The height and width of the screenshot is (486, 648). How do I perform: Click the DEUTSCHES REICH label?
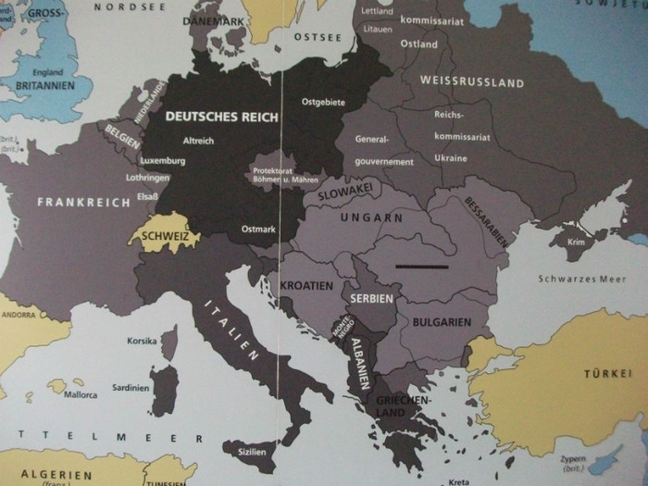tap(214, 117)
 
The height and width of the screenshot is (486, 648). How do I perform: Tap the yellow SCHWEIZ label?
tap(165, 237)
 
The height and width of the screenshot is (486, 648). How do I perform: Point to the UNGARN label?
tap(372, 218)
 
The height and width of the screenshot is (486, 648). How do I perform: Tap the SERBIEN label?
tap(372, 299)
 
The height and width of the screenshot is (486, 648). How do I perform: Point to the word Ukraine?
tap(451, 158)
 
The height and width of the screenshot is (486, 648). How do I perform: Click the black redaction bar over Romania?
tap(421, 267)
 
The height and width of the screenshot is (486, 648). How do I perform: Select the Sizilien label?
tap(252, 452)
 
